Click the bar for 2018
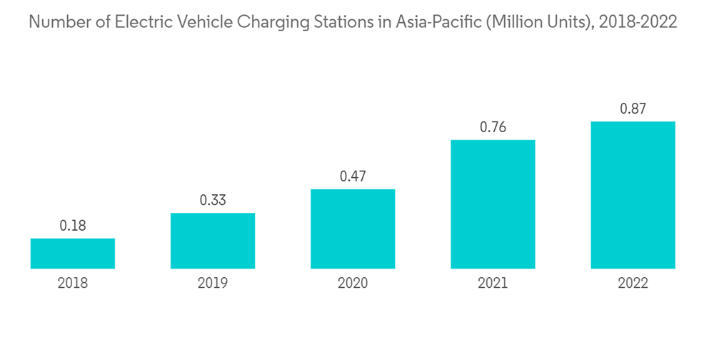tap(73, 254)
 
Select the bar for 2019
tap(213, 241)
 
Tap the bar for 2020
tap(353, 229)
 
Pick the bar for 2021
tap(493, 204)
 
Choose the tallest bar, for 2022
tap(633, 195)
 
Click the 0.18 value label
tap(73, 226)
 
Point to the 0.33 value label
tap(213, 201)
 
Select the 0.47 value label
tap(353, 176)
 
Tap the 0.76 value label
tap(493, 127)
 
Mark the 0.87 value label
tap(633, 109)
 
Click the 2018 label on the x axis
tap(73, 284)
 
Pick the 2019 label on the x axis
tap(213, 284)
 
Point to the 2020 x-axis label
tap(353, 284)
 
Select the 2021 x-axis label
tap(493, 284)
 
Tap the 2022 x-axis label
tap(633, 284)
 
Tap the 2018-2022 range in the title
tap(638, 22)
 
